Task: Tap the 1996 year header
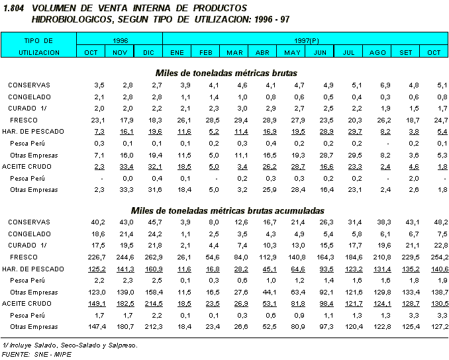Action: pos(120,40)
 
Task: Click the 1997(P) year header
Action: pos(305,40)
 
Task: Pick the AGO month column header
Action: pos(377,52)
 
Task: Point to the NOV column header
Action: pos(120,52)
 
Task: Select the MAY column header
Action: pos(292,52)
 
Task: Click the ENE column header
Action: pos(177,52)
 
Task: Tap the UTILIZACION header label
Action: pos(39,52)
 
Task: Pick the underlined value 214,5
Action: pos(152,303)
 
